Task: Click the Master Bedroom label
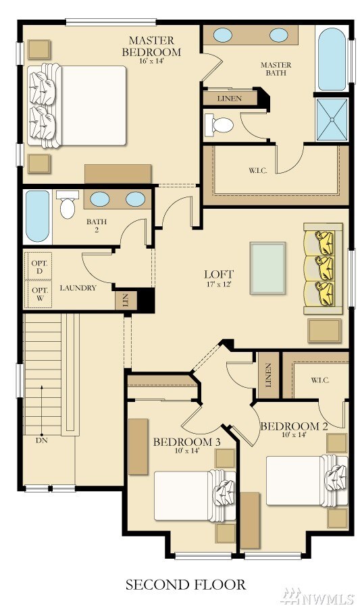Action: (x=151, y=46)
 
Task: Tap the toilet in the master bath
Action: (x=219, y=125)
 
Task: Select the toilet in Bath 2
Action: (x=68, y=204)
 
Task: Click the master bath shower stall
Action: (x=332, y=120)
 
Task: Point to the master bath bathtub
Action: (x=332, y=59)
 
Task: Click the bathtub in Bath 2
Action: (x=38, y=216)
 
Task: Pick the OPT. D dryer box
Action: (x=39, y=265)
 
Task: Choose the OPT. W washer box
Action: (x=39, y=295)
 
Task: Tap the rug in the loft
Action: (x=267, y=268)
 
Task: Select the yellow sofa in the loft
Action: (x=323, y=268)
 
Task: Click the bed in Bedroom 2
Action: (x=307, y=480)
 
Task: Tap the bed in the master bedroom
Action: (x=77, y=106)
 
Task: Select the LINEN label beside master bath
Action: (x=230, y=99)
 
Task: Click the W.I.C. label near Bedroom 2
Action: (x=320, y=380)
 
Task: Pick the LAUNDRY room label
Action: (x=78, y=288)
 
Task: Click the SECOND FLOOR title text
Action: (x=186, y=584)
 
